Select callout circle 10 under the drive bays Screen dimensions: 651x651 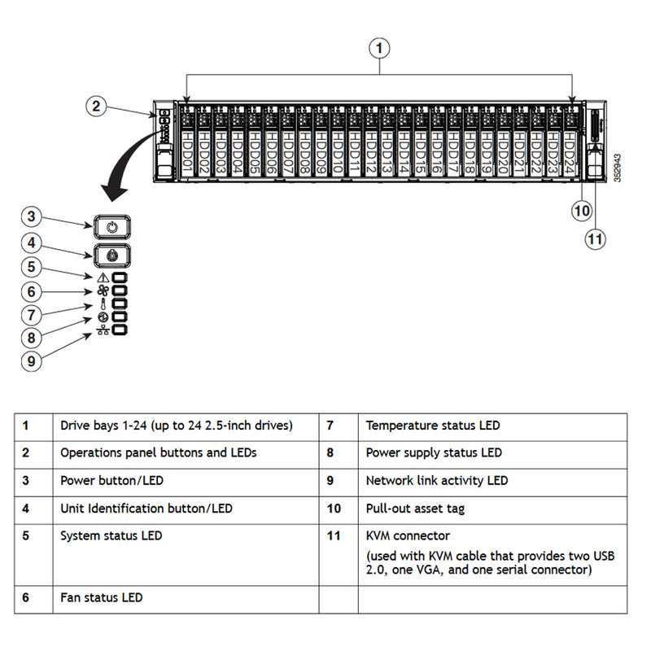tap(581, 210)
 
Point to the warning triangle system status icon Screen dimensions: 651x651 tap(102, 278)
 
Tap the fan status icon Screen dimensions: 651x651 tap(102, 291)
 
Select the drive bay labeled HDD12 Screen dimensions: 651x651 tap(369, 146)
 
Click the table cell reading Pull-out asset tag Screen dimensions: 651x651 tap(415, 509)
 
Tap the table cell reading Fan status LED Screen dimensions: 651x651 tap(102, 597)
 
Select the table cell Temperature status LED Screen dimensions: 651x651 tap(433, 426)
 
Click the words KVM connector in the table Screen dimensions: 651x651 tap(408, 536)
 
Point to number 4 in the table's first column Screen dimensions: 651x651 tap(26, 509)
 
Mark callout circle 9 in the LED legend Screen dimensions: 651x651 tap(30, 360)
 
